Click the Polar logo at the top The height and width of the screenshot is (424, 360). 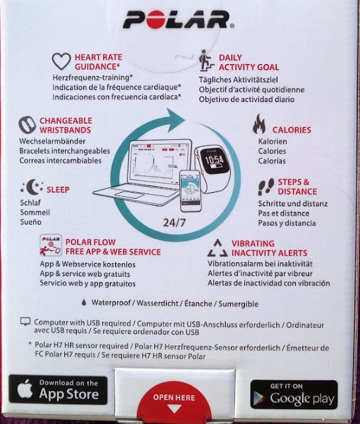178,20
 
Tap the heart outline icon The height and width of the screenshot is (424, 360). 62,61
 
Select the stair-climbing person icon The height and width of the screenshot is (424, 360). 206,60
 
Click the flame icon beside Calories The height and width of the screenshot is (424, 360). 259,124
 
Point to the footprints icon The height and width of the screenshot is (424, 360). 266,187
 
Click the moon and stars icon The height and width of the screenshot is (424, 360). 32,187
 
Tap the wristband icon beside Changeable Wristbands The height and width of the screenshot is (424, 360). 27,125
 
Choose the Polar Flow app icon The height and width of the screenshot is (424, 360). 50,245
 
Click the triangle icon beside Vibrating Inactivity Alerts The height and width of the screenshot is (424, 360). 218,248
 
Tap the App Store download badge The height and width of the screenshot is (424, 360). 58,390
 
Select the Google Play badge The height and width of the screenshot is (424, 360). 294,394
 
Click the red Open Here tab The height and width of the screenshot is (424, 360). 174,401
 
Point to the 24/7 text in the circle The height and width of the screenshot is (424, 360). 175,223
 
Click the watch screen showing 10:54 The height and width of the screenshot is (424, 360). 214,162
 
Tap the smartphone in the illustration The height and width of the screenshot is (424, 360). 191,191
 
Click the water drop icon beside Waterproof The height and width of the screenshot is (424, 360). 84,302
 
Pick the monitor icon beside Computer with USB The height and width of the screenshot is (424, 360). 25,321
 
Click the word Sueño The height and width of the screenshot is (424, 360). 30,222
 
